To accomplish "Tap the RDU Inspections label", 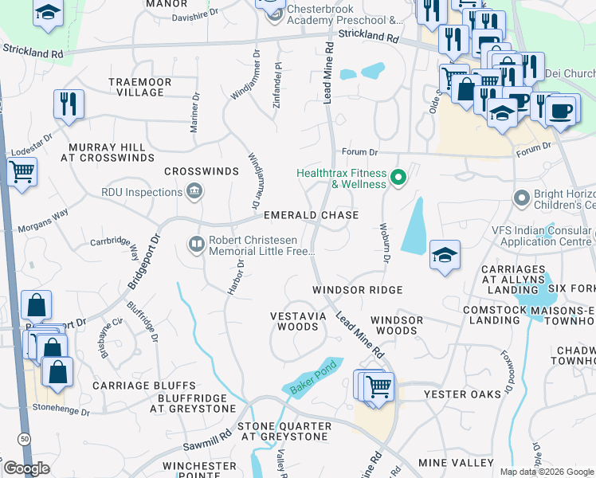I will [142, 192].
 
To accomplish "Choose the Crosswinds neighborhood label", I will [202, 171].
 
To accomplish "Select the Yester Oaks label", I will [463, 394].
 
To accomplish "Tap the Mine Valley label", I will [456, 462].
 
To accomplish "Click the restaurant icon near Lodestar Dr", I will [69, 103].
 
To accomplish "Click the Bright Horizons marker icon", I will [522, 197].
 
